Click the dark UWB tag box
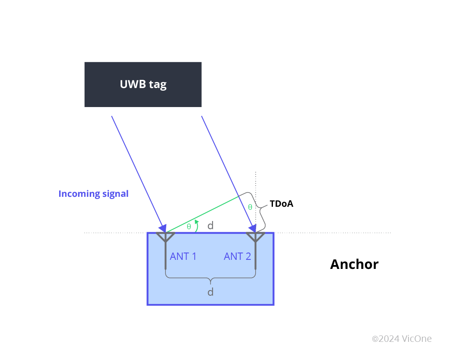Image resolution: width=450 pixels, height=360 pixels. click(x=143, y=85)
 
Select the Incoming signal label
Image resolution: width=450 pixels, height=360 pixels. click(x=93, y=194)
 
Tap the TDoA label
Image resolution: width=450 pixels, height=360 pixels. click(x=281, y=204)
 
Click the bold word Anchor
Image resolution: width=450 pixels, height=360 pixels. click(x=354, y=264)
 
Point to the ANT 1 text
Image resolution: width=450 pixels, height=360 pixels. click(x=183, y=256)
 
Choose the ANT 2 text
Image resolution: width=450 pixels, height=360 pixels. click(x=237, y=256)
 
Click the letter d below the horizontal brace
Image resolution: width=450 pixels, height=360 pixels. click(x=210, y=292)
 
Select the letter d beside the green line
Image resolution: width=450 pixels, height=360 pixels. click(x=210, y=225)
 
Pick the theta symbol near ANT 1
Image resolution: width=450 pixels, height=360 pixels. click(x=189, y=226)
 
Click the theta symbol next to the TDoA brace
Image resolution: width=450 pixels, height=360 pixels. click(x=250, y=207)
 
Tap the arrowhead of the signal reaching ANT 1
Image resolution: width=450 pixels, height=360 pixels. click(x=162, y=228)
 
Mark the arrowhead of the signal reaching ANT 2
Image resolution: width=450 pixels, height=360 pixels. click(x=252, y=228)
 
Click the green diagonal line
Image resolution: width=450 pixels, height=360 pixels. click(x=203, y=214)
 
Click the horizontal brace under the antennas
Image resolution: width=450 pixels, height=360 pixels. click(x=210, y=278)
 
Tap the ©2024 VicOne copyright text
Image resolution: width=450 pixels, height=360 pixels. click(x=402, y=339)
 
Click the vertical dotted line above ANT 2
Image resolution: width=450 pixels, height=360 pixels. click(x=256, y=181)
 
